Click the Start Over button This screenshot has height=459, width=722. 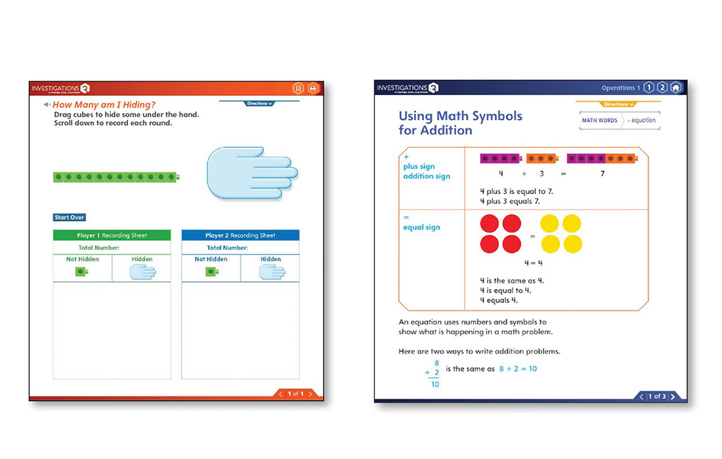pyautogui.click(x=70, y=218)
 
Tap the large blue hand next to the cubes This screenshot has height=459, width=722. pyautogui.click(x=251, y=173)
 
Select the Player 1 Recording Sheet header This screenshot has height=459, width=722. pyautogui.click(x=112, y=235)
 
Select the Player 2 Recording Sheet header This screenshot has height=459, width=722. pyautogui.click(x=240, y=235)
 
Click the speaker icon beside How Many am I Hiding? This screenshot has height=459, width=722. pyautogui.click(x=47, y=105)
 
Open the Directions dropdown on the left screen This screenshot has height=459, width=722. pyautogui.click(x=259, y=104)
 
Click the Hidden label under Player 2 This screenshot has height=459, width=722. pyautogui.click(x=270, y=260)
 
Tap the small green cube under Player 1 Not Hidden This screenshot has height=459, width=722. pyautogui.click(x=80, y=271)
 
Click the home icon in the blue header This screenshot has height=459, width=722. pyautogui.click(x=676, y=88)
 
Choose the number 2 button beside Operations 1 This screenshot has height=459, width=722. pyautogui.click(x=662, y=88)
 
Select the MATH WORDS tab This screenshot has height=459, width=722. pyautogui.click(x=599, y=121)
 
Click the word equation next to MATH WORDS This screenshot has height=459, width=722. pyautogui.click(x=643, y=121)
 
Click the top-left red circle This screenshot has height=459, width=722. pyautogui.click(x=490, y=224)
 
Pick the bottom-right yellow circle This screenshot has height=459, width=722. pyautogui.click(x=572, y=245)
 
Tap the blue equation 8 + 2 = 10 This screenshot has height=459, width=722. pyautogui.click(x=518, y=369)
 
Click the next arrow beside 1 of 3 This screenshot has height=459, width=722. pyautogui.click(x=673, y=397)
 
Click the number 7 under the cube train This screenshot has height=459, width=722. pyautogui.click(x=603, y=174)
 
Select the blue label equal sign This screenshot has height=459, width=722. pyautogui.click(x=422, y=228)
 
